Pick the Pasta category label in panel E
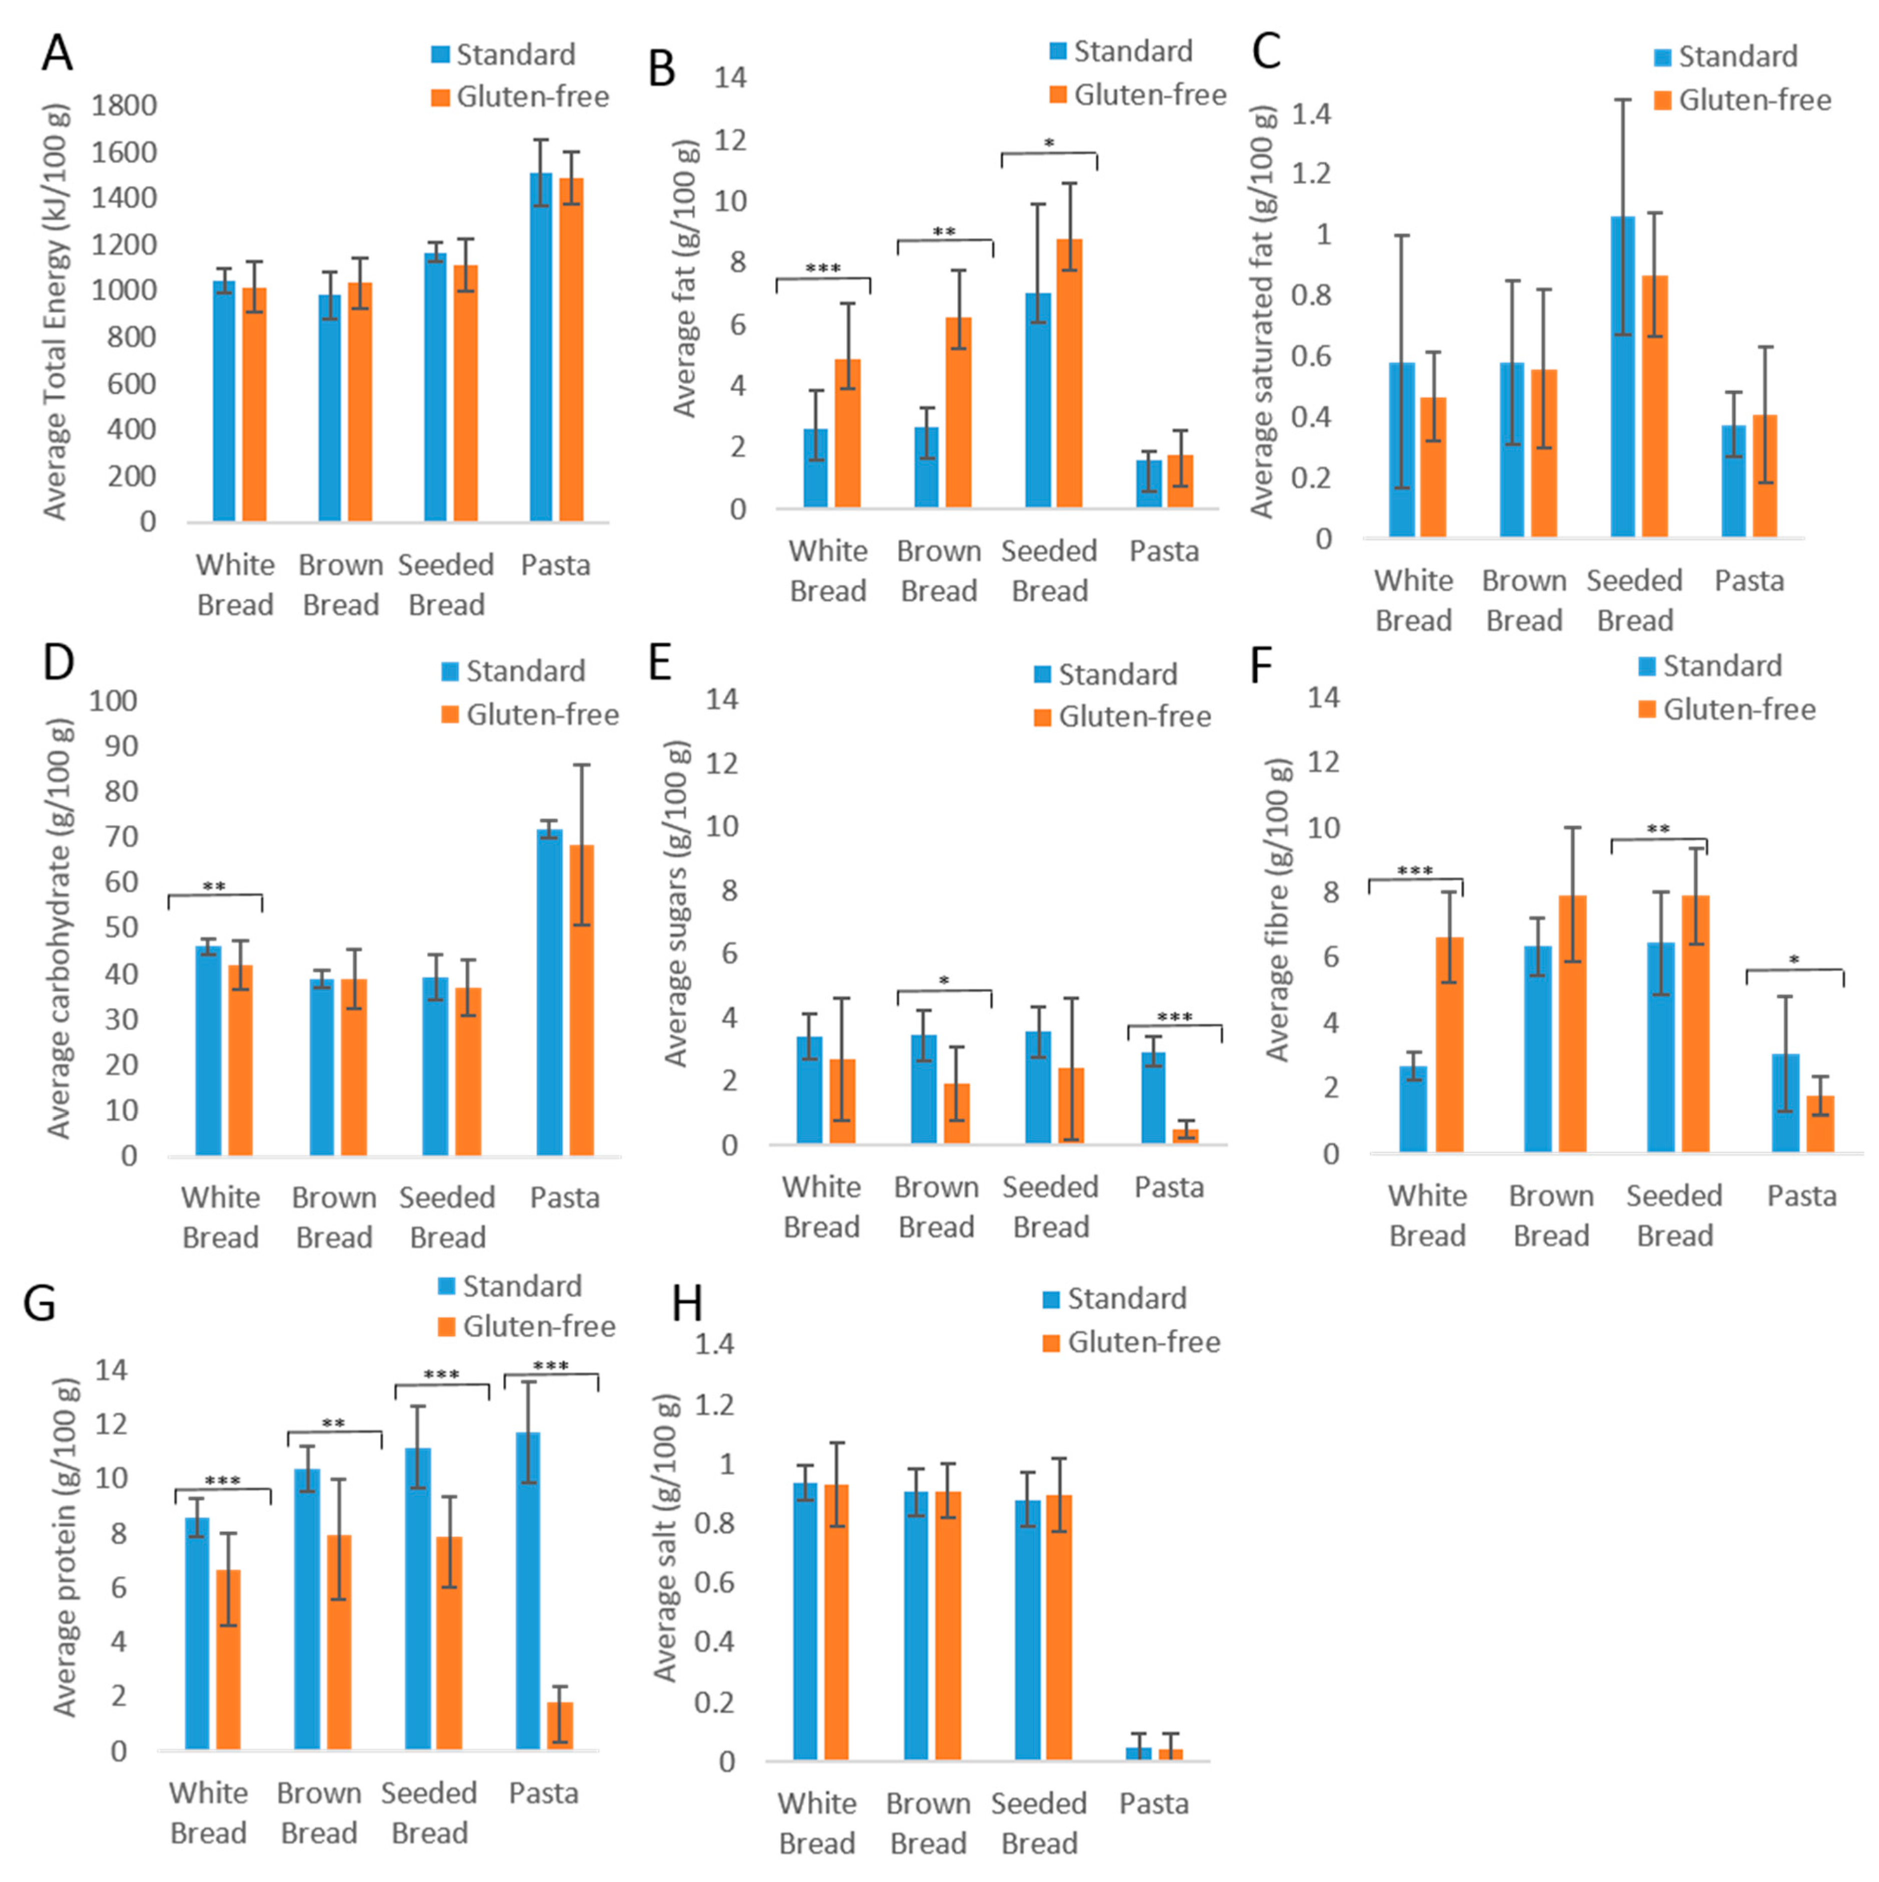pyautogui.click(x=1169, y=1187)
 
